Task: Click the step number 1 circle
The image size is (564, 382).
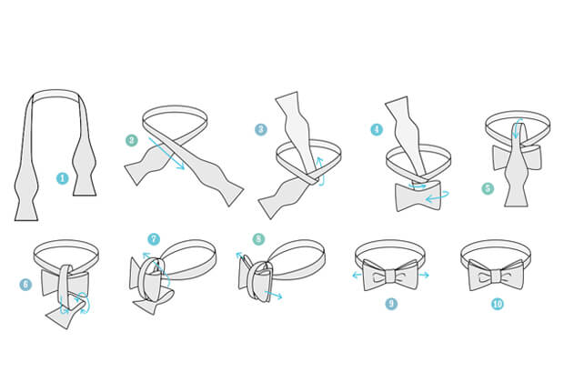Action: [x=62, y=178]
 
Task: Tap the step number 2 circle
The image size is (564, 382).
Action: [x=132, y=140]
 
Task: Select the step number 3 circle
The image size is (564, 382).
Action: [x=261, y=129]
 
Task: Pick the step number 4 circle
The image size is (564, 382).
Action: [x=377, y=129]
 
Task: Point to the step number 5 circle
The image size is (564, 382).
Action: [x=488, y=188]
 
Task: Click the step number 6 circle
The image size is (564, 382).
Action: [x=25, y=285]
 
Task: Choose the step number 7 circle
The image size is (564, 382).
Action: [x=154, y=239]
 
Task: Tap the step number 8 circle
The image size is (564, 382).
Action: [x=258, y=239]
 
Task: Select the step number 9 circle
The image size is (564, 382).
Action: [x=391, y=304]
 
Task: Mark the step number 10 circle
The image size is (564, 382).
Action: [x=498, y=304]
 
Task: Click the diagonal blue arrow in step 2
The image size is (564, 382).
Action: [x=166, y=153]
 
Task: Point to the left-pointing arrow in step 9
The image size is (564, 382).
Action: [x=357, y=276]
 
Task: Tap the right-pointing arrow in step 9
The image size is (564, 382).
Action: [x=425, y=276]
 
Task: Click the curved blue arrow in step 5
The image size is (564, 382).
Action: [x=518, y=128]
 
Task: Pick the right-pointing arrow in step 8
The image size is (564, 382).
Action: [x=274, y=295]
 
